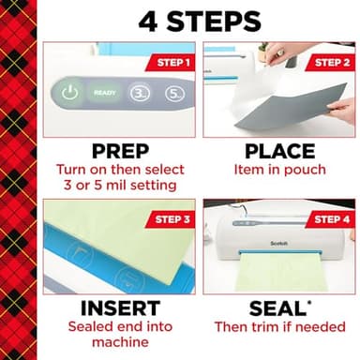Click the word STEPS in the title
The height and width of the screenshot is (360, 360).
(214, 21)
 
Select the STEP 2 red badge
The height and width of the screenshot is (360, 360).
(329, 63)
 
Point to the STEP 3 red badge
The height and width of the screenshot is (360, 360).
(171, 219)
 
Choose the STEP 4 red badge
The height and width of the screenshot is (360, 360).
(329, 218)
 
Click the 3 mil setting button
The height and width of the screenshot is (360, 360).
(139, 94)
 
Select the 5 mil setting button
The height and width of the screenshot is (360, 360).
(173, 94)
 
